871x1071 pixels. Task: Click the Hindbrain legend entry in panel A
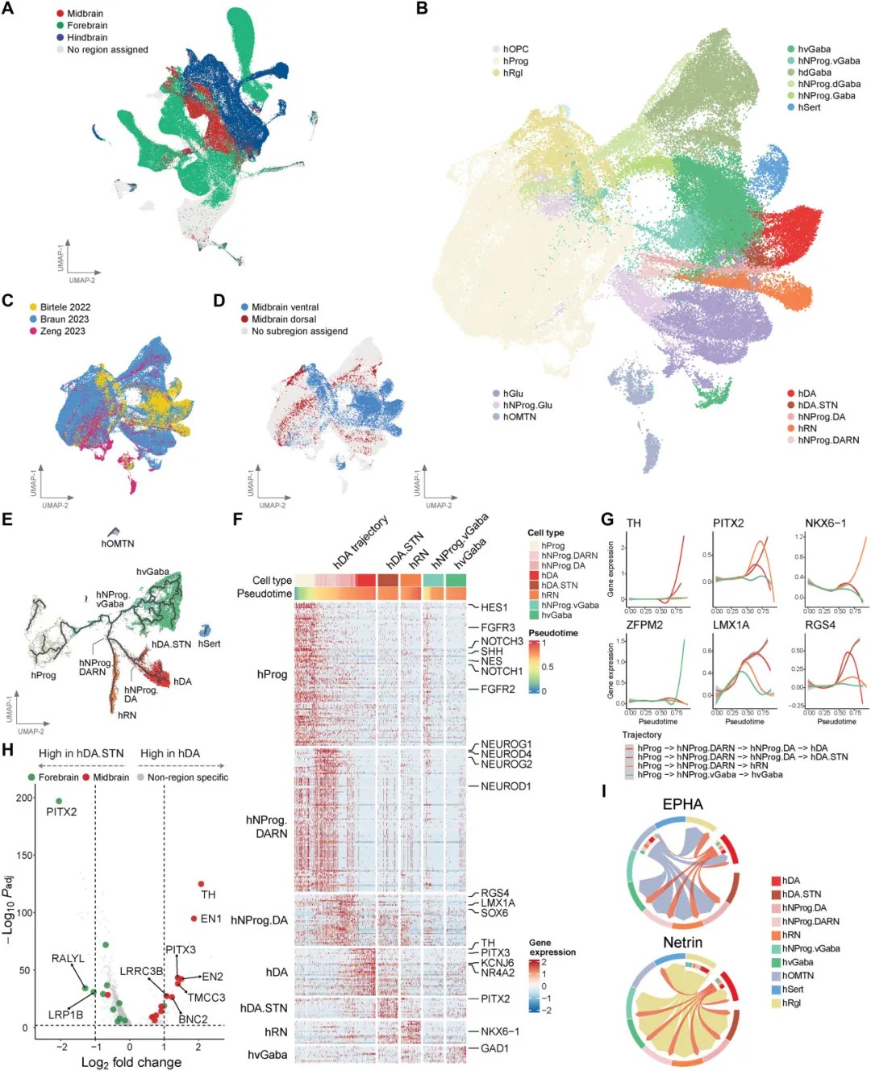(86, 37)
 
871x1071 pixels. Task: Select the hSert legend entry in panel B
(809, 107)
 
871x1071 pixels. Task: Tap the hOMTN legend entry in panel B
(519, 417)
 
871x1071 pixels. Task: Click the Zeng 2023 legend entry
(62, 331)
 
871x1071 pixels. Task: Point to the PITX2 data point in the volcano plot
(59, 801)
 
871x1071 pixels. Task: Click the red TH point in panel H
(201, 884)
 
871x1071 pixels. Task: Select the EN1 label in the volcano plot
(210, 919)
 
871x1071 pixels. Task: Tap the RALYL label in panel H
(68, 959)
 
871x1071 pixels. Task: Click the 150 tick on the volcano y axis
(26, 855)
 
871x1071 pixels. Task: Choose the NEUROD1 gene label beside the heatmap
(506, 786)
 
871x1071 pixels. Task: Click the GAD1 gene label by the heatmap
(494, 1048)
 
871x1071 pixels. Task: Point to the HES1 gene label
(494, 607)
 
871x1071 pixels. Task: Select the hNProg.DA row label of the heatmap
(259, 920)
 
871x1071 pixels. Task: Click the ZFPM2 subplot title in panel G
(640, 625)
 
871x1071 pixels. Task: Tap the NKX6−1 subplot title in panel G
(825, 523)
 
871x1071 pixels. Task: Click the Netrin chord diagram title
(682, 943)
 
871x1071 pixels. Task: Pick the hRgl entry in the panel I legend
(791, 1003)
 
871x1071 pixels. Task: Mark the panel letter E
(7, 519)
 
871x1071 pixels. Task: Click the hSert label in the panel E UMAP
(209, 644)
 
